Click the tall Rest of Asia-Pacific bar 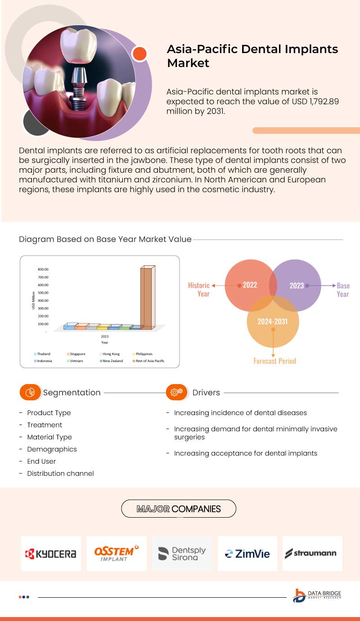coord(147,298)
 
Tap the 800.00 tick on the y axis coord(43,269)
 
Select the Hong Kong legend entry coord(111,354)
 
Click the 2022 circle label coord(250,285)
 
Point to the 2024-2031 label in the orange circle coord(272,322)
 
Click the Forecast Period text coord(274,361)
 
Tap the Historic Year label coord(199,290)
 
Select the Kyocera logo coord(51,554)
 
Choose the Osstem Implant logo coord(117,553)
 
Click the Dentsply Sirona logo coord(182,554)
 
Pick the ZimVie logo coord(247,554)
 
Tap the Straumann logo coord(313,553)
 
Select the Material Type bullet coord(49,437)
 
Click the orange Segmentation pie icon coord(30,392)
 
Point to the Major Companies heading coord(179,509)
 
